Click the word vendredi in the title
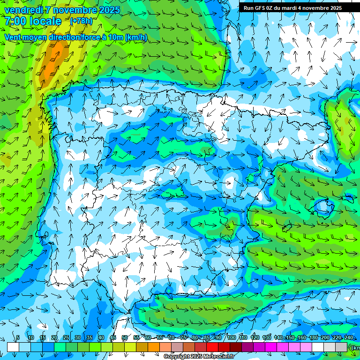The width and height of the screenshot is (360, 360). tap(24, 10)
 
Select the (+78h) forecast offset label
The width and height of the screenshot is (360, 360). tap(81, 21)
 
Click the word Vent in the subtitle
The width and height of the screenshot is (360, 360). tap(14, 37)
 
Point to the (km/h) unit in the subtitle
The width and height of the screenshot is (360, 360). tap(136, 37)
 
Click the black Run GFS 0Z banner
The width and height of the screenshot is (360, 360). tap(292, 7)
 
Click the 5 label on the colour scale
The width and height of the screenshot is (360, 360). tap(18, 337)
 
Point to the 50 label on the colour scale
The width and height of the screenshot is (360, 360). tap(125, 337)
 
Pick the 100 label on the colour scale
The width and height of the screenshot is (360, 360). tap(232, 337)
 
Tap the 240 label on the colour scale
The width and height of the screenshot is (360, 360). tap(349, 337)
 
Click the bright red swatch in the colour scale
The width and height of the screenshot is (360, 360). tap(212, 347)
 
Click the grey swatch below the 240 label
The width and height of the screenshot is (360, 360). tap(341, 347)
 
